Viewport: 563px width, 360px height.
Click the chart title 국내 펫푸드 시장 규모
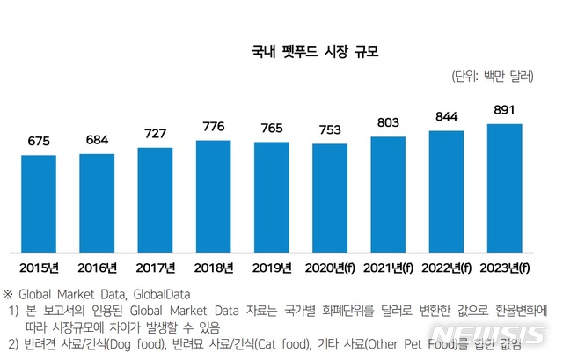click(308, 52)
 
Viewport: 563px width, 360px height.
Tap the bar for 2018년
click(214, 196)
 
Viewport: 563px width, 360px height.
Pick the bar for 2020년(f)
click(329, 198)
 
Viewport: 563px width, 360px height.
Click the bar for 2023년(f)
click(504, 187)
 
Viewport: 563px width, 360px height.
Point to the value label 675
click(39, 141)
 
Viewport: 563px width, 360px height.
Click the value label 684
click(97, 139)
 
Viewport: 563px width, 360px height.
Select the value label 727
click(155, 133)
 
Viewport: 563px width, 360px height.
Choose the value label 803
click(388, 121)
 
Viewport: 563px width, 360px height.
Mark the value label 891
click(504, 109)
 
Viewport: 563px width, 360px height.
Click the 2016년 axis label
click(97, 267)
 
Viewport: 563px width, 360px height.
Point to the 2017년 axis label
click(155, 267)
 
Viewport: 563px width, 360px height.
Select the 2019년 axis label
click(272, 267)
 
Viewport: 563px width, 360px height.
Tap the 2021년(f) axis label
click(388, 267)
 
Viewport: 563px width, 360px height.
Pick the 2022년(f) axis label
click(446, 267)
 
